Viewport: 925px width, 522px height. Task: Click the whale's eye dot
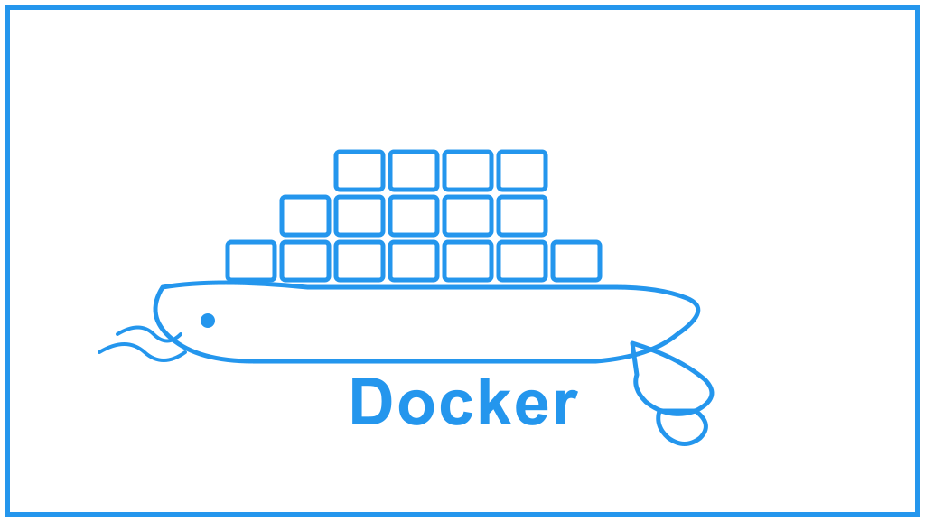(208, 320)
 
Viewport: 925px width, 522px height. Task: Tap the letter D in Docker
(370, 402)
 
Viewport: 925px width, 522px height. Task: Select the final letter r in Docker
(566, 407)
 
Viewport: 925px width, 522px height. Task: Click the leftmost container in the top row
(360, 171)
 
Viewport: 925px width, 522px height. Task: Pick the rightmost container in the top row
(522, 171)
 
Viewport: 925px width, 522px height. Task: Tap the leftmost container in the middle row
(305, 216)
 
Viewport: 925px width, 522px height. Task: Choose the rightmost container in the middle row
(522, 216)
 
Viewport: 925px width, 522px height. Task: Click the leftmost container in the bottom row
(251, 261)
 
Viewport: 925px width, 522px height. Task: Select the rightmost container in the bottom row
(576, 261)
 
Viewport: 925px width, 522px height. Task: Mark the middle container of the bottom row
(414, 261)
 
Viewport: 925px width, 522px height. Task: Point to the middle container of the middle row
(414, 216)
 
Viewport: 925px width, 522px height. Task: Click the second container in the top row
(414, 171)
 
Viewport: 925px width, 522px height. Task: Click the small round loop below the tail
(682, 426)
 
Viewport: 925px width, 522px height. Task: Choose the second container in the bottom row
(305, 261)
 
